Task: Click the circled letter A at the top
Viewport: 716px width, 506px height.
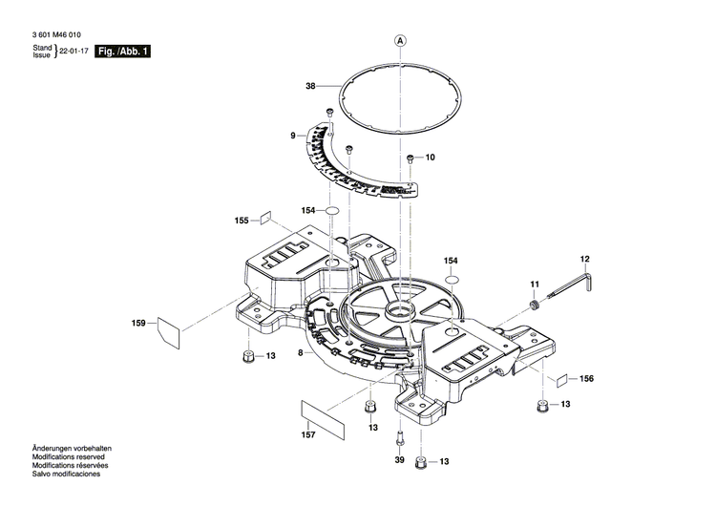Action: point(400,41)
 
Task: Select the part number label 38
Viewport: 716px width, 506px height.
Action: point(309,87)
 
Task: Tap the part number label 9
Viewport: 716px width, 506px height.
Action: point(294,137)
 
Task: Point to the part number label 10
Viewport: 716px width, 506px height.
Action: point(429,157)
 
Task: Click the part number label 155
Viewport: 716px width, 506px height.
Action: point(242,221)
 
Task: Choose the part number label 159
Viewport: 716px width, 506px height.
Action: point(138,325)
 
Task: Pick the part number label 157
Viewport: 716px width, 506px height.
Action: point(308,435)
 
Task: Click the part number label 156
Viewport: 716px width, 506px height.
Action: point(586,379)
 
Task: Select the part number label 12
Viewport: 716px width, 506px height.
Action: point(585,259)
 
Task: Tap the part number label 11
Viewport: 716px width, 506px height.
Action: point(535,284)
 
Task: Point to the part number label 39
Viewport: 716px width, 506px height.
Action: point(399,460)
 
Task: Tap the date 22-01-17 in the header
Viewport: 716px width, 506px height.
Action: point(75,51)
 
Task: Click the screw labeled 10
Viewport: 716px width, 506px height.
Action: point(410,158)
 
